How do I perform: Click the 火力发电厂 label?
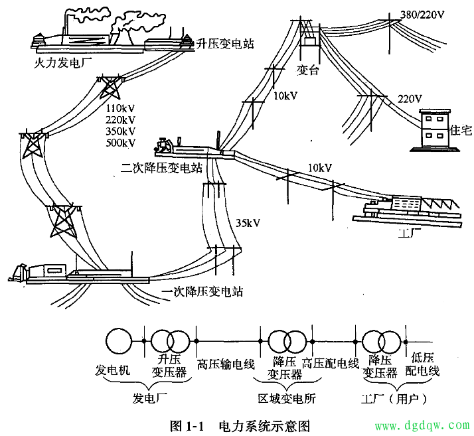click(x=63, y=62)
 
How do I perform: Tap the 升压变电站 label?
click(x=225, y=44)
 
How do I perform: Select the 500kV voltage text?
click(x=120, y=143)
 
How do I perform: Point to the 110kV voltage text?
click(x=120, y=108)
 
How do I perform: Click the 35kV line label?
click(x=248, y=223)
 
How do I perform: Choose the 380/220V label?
click(x=422, y=14)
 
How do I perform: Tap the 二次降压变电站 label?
click(x=161, y=168)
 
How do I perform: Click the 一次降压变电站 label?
click(x=202, y=291)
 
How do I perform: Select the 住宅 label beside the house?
click(x=461, y=130)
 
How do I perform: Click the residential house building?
click(x=435, y=130)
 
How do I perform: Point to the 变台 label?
click(x=308, y=70)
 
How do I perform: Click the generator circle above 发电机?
click(x=119, y=341)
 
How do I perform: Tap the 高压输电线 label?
click(x=226, y=364)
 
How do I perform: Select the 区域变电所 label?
click(x=287, y=399)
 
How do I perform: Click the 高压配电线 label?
click(x=331, y=363)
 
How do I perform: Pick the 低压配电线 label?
click(x=422, y=364)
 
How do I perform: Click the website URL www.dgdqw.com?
click(x=422, y=425)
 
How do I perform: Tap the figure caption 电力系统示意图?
click(x=264, y=426)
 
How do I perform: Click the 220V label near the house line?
click(x=410, y=99)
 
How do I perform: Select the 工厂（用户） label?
click(x=394, y=399)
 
